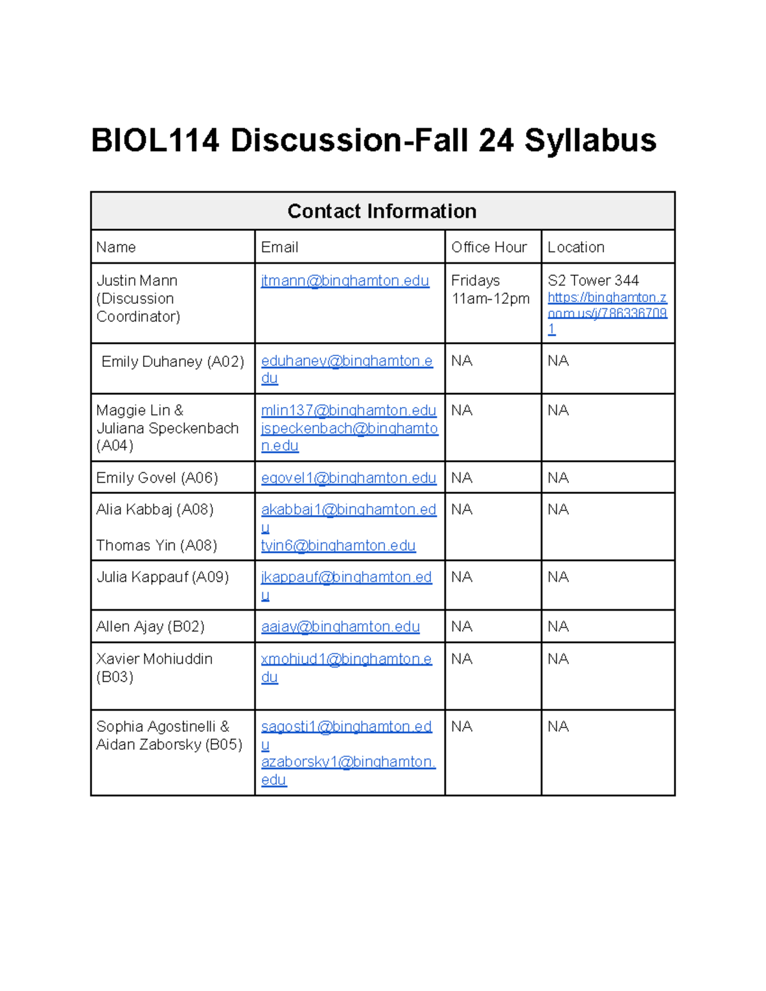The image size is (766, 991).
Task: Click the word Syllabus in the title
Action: (x=590, y=140)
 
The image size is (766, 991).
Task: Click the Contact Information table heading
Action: (x=382, y=211)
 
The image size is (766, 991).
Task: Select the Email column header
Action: (x=280, y=247)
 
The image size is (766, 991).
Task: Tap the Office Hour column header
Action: (x=489, y=247)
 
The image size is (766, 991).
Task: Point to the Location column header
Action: (x=576, y=247)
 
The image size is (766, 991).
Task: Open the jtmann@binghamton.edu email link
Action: (x=345, y=281)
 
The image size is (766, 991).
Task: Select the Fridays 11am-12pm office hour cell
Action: (x=490, y=290)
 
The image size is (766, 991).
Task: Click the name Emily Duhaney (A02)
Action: (x=172, y=362)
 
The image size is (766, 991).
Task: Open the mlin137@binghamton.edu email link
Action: (x=349, y=410)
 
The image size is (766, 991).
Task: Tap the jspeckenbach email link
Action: (x=349, y=428)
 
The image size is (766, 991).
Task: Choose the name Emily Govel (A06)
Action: (x=157, y=478)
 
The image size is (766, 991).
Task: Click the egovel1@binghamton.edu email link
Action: (x=349, y=478)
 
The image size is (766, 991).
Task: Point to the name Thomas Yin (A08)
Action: (x=156, y=546)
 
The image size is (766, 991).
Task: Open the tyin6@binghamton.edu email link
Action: (x=338, y=546)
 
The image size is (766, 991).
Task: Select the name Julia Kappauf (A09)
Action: (x=162, y=577)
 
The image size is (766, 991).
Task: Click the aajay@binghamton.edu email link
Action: (x=340, y=627)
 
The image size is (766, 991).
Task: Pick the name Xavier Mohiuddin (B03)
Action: (x=154, y=659)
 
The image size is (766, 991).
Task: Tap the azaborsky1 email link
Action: (x=348, y=762)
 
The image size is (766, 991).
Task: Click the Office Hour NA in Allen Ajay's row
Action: (x=462, y=627)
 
